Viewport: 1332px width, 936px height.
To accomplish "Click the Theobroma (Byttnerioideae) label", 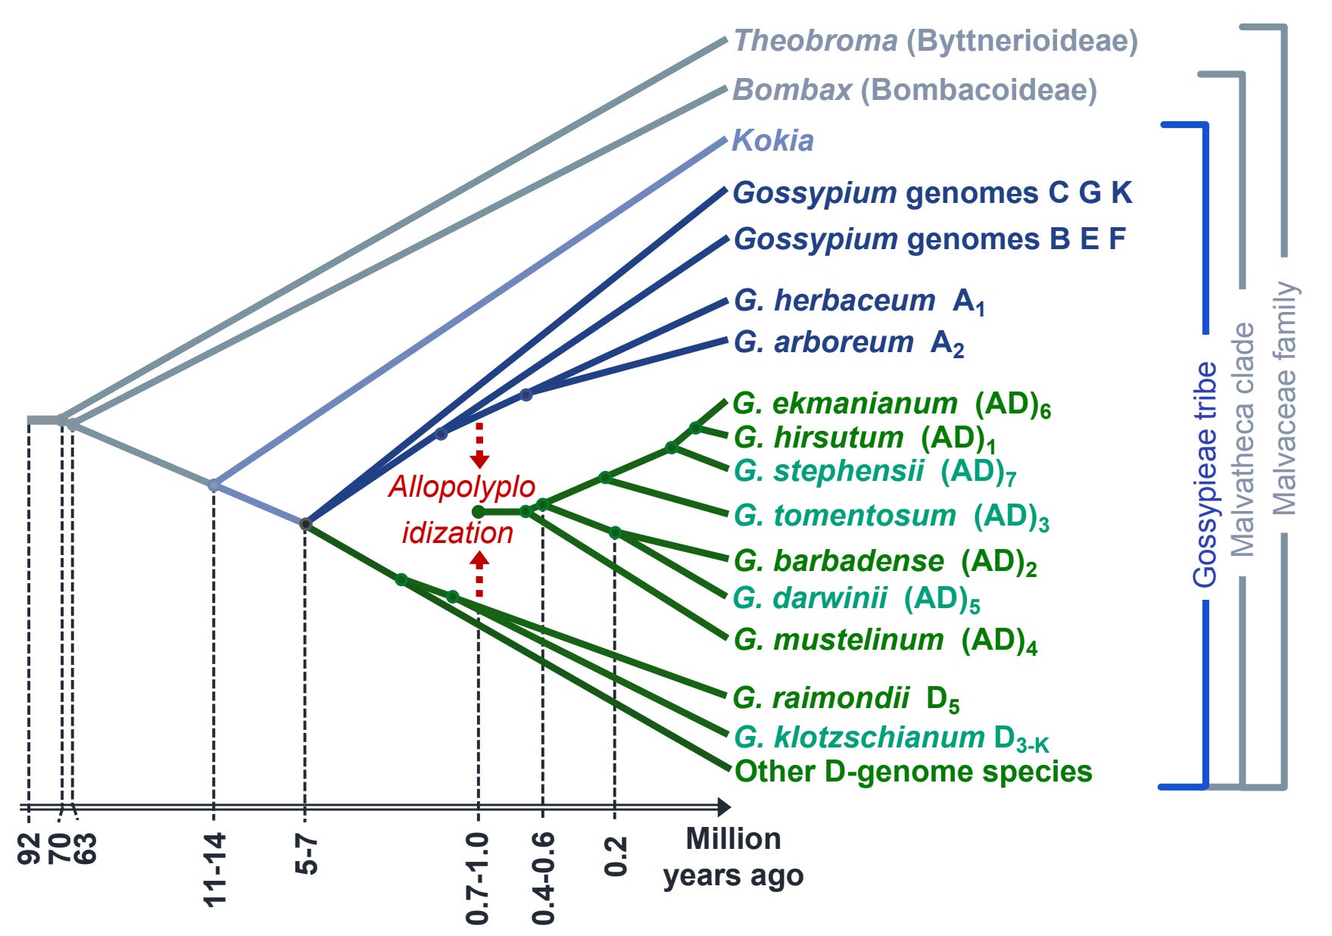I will point(935,41).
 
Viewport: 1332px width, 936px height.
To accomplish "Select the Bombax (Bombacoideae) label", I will point(915,90).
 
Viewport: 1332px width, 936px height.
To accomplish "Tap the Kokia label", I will point(772,141).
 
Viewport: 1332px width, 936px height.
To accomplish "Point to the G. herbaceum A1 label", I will point(859,301).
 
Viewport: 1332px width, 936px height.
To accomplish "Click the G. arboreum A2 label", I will point(848,343).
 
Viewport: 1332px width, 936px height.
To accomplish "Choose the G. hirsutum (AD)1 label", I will point(864,438).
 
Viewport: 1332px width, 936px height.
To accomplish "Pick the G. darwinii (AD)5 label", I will point(856,598).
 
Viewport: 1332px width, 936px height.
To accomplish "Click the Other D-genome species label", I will point(913,772).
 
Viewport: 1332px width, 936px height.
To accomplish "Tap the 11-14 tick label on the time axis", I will point(215,869).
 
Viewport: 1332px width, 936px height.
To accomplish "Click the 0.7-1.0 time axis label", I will point(478,878).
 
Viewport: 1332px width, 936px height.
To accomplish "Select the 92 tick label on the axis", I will point(29,848).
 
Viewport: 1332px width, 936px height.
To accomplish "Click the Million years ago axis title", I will point(733,857).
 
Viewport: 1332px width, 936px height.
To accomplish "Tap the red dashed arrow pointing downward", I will point(479,446).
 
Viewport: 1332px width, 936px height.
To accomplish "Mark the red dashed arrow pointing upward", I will point(479,573).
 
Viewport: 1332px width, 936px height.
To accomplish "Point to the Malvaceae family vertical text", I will point(1284,398).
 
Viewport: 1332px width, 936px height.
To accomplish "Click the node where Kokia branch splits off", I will point(214,485).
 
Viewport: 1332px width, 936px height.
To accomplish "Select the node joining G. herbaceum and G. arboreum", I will point(526,395).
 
